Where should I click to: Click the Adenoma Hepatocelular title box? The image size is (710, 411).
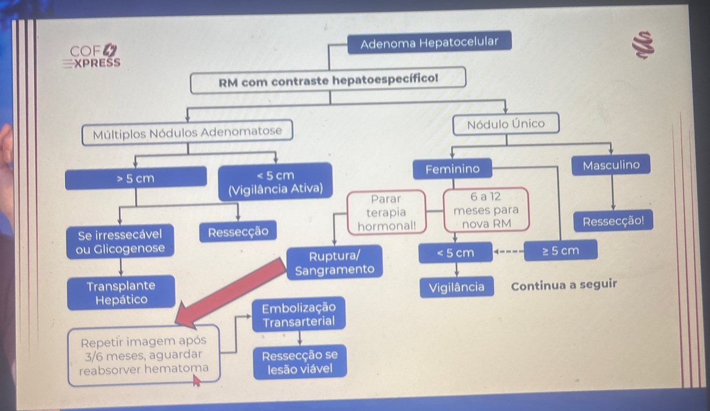(x=429, y=42)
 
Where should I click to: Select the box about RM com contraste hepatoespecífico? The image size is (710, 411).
(x=328, y=81)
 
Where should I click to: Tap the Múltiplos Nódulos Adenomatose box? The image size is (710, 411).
(x=187, y=132)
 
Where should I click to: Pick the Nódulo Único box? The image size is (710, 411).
(x=506, y=124)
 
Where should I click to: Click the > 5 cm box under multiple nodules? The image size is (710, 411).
(x=135, y=178)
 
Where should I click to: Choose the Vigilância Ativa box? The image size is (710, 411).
(x=275, y=182)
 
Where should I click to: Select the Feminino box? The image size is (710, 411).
(x=452, y=170)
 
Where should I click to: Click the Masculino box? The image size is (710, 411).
(x=611, y=165)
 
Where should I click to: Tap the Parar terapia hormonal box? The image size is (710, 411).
(x=386, y=212)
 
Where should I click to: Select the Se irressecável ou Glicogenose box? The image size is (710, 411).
(x=120, y=241)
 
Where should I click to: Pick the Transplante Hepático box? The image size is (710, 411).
(x=121, y=292)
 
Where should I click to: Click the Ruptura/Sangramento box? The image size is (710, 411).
(x=334, y=262)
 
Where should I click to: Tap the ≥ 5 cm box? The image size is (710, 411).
(x=560, y=251)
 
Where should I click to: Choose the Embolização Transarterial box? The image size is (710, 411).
(x=299, y=315)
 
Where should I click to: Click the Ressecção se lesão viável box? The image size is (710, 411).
(x=300, y=362)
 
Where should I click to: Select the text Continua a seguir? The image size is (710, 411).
(x=563, y=285)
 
